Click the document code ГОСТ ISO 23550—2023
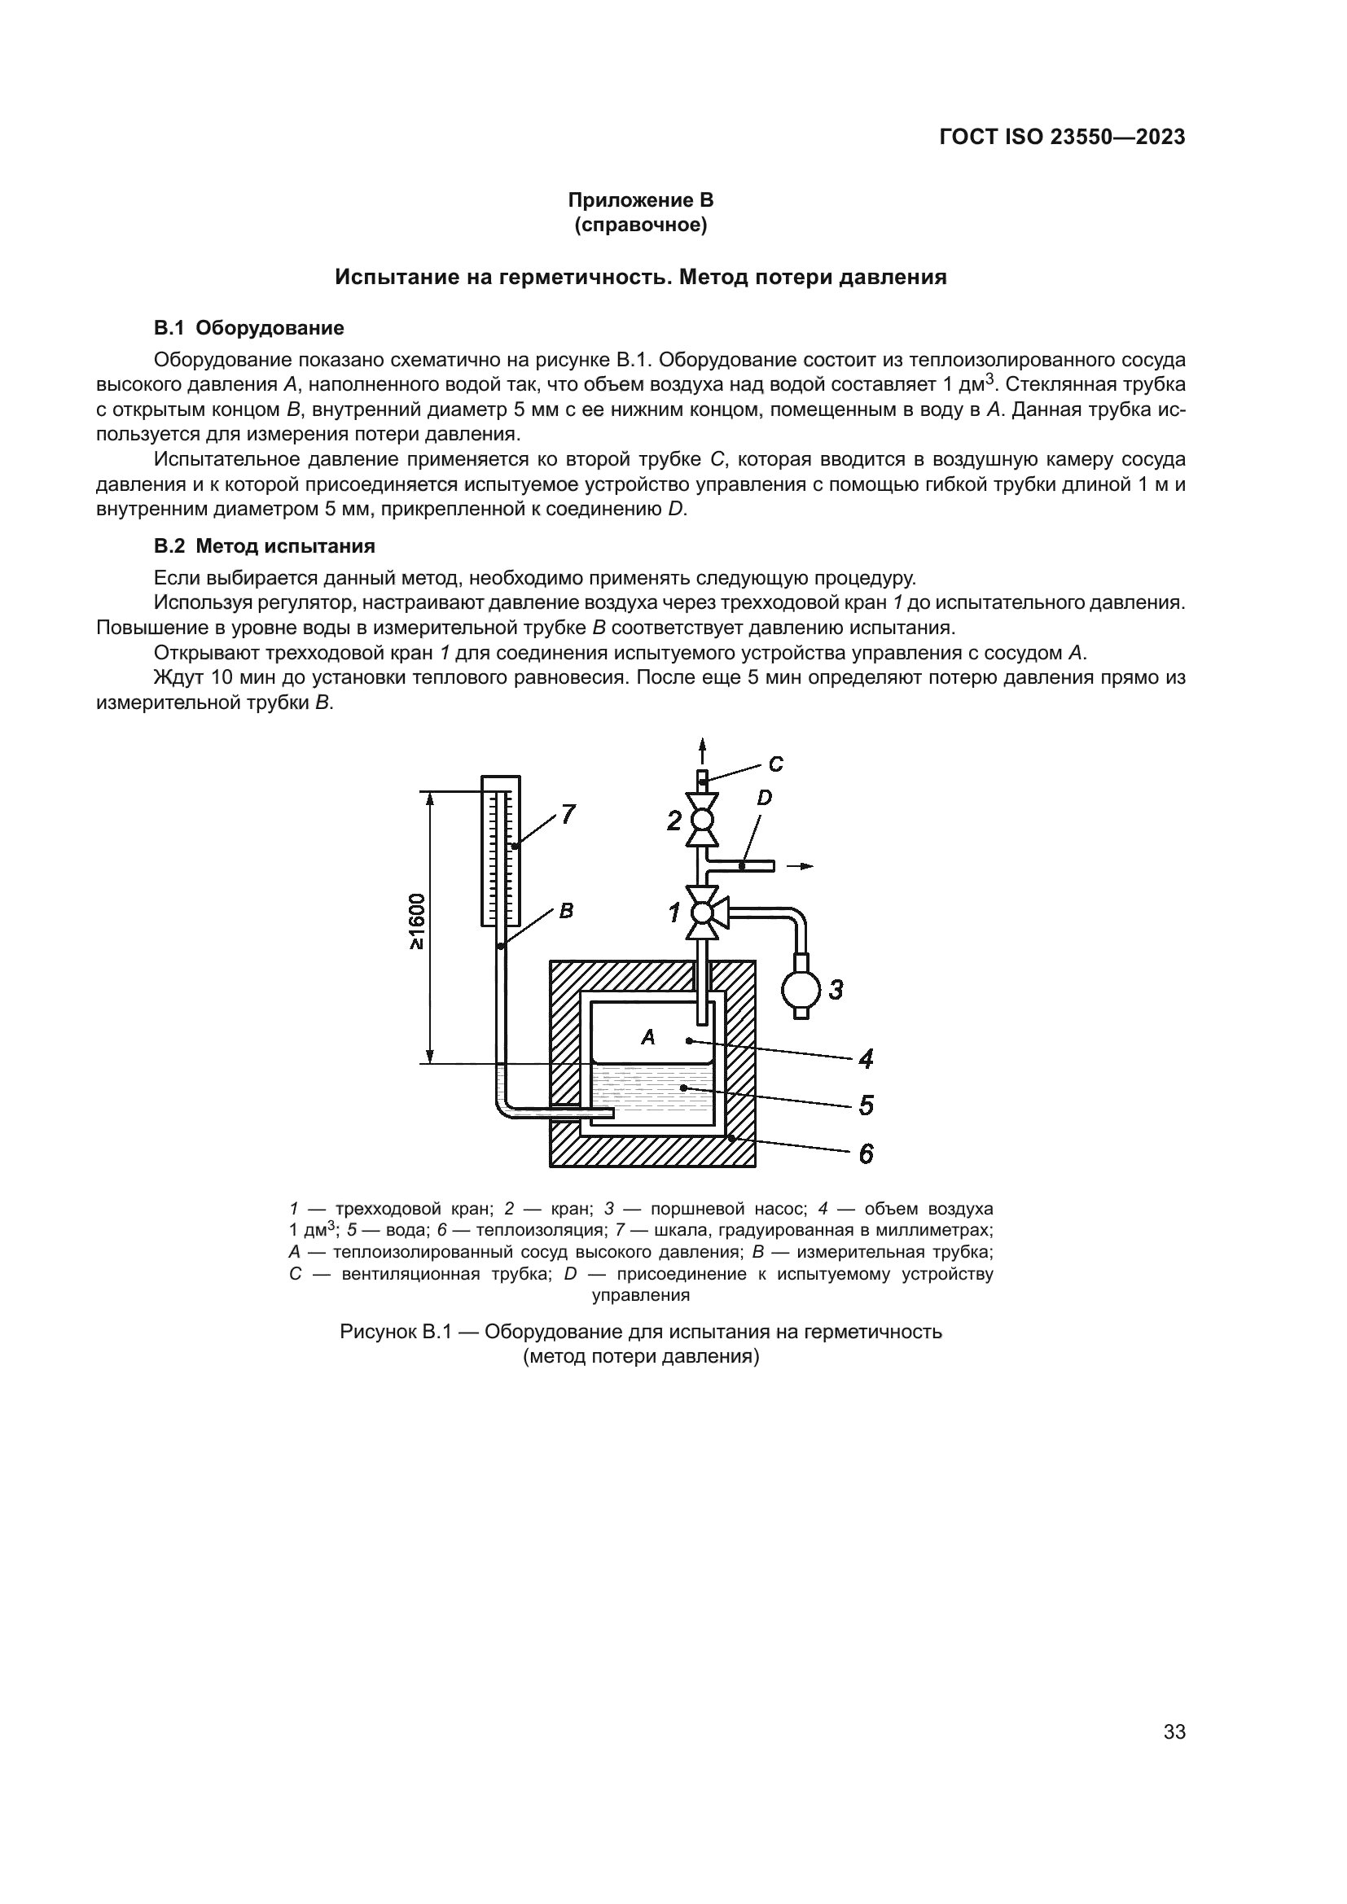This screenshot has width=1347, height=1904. coord(1062,138)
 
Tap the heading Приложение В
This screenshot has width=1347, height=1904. coord(640,200)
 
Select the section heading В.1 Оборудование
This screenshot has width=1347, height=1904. coord(249,327)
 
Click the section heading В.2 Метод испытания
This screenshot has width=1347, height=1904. coord(265,545)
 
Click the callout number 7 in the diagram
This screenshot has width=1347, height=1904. coord(568,814)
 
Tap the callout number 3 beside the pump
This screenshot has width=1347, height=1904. coord(836,989)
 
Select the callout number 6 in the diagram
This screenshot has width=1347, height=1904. coord(865,1153)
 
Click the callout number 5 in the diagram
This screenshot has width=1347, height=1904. coord(865,1105)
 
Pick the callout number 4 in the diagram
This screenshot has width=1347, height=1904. coord(865,1058)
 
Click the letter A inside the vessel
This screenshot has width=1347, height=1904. coord(647,1036)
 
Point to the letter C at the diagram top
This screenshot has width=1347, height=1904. coord(775,764)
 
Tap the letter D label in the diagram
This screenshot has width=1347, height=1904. coord(764,798)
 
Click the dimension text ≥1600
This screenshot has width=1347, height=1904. coord(416,922)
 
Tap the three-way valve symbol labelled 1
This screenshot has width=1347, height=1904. coord(704,913)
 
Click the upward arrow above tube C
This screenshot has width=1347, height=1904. coord(703,750)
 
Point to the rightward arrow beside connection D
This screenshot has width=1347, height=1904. coord(801,866)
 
